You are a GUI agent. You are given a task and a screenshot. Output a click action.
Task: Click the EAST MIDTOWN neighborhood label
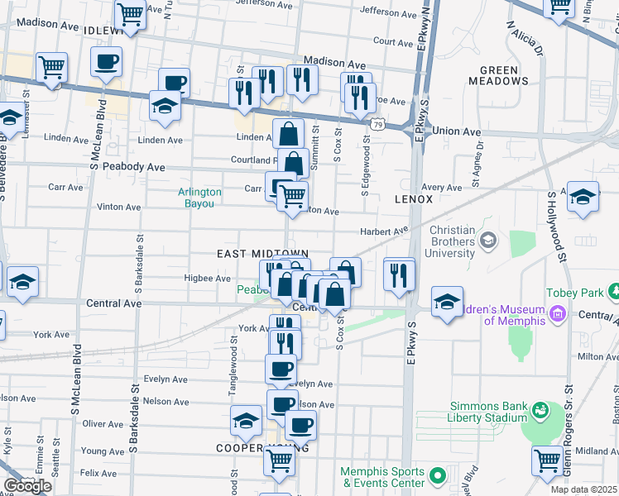(x=262, y=254)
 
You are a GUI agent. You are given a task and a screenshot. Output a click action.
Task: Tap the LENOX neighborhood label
(x=414, y=199)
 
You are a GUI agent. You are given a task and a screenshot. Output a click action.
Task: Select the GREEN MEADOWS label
(x=498, y=75)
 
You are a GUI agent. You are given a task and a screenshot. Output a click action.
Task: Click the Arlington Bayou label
(x=200, y=198)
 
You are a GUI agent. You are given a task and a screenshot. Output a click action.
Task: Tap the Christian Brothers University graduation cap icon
(x=488, y=240)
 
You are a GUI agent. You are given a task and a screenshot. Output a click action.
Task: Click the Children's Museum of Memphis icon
(x=558, y=314)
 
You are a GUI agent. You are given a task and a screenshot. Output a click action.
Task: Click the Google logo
(x=27, y=486)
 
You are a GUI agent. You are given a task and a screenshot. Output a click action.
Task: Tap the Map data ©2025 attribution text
(x=583, y=489)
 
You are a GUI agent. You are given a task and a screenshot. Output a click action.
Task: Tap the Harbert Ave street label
(x=384, y=231)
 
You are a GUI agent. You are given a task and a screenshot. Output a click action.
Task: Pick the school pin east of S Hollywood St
(x=583, y=197)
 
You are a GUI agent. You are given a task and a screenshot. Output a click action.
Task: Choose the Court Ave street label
(x=393, y=41)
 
